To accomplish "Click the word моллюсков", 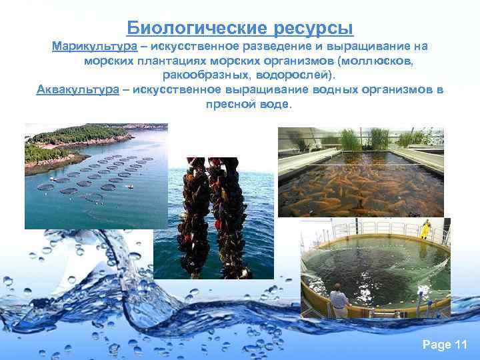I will [375, 61].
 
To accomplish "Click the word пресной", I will [231, 105].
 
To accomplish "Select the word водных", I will [319, 91].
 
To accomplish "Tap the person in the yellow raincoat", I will [424, 229].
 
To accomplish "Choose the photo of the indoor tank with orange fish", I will [360, 172].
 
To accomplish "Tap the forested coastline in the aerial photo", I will [80, 136].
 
